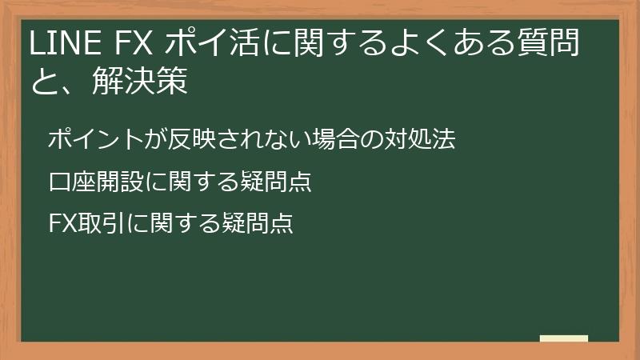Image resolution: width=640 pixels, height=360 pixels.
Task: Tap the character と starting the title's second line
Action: (x=45, y=82)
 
